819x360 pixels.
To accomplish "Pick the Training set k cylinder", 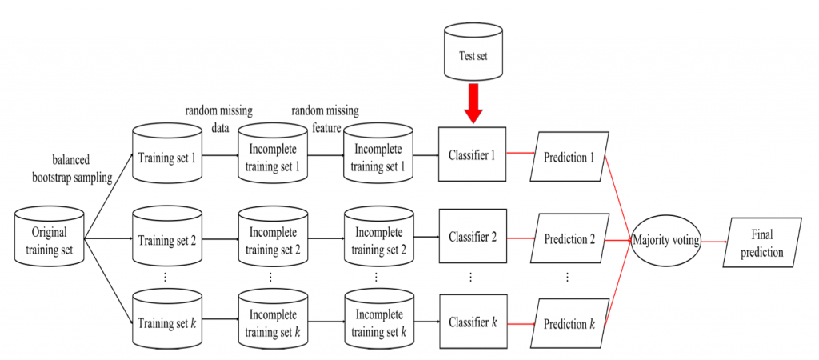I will [x=166, y=323].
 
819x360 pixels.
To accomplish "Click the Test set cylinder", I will [x=473, y=55].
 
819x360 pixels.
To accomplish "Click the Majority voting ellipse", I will [x=665, y=239].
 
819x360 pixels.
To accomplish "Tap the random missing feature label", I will [x=323, y=117].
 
